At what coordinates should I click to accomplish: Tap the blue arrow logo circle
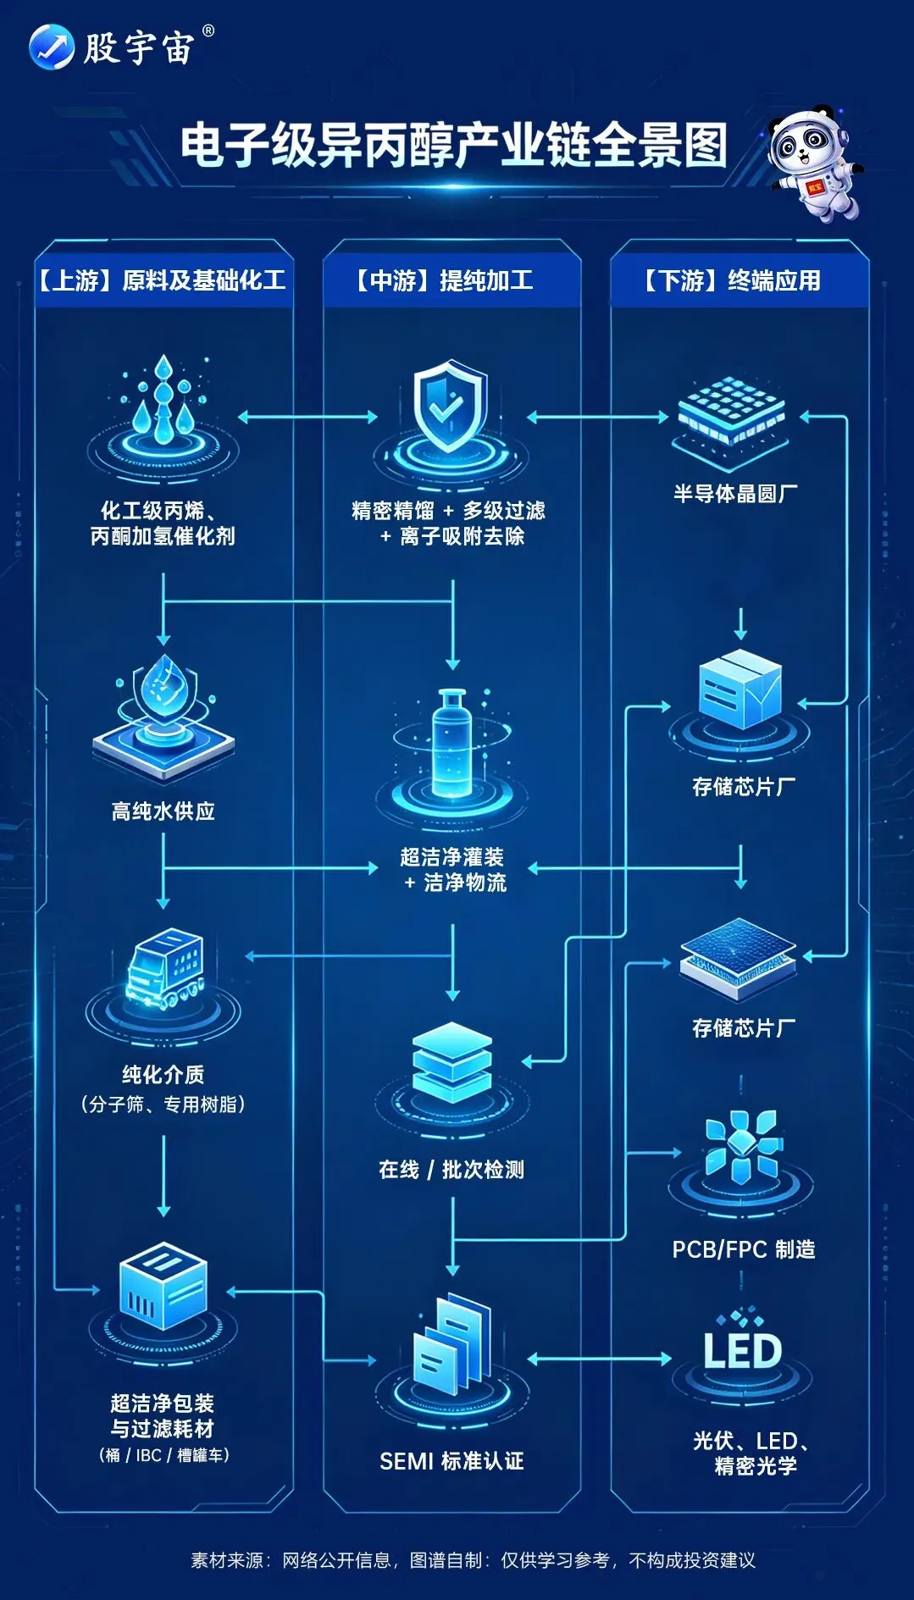pyautogui.click(x=51, y=47)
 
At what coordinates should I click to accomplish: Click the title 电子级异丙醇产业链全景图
pyautogui.click(x=454, y=146)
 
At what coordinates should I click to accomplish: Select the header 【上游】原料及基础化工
pyautogui.click(x=162, y=280)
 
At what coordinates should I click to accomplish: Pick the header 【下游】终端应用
pyautogui.click(x=733, y=280)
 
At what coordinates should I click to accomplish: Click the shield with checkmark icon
pyautogui.click(x=450, y=407)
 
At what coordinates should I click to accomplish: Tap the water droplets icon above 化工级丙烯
pyautogui.click(x=163, y=402)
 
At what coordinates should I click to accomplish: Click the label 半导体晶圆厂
pyautogui.click(x=735, y=494)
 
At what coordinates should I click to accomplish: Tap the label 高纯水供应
pyautogui.click(x=163, y=811)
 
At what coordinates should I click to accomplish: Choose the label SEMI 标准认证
pyautogui.click(x=451, y=1461)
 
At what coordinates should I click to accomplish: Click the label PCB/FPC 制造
pyautogui.click(x=743, y=1249)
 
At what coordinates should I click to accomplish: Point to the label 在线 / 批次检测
pyautogui.click(x=451, y=1170)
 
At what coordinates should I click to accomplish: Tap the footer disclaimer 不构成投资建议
pyautogui.click(x=692, y=1560)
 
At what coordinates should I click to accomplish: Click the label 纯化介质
pyautogui.click(x=163, y=1075)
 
